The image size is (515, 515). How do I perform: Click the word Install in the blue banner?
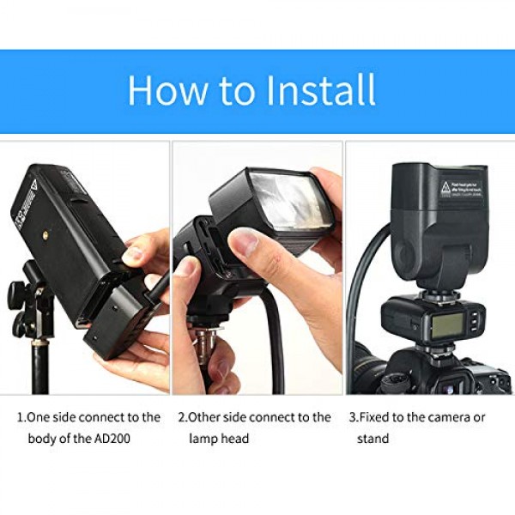point(313,91)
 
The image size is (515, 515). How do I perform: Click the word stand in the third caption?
point(373,439)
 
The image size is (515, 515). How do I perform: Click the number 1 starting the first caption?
point(21,418)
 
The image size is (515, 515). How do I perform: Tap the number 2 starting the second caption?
point(182,418)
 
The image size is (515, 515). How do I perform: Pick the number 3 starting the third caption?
point(352,418)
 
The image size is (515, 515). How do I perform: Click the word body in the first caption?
point(32,439)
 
